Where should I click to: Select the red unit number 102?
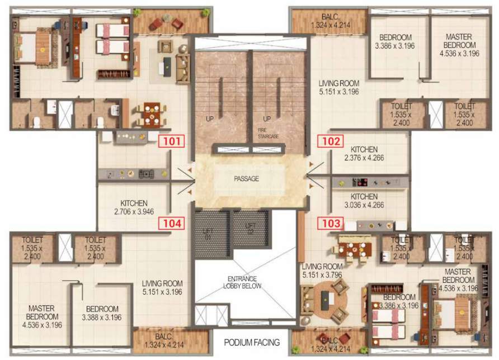pos(331,141)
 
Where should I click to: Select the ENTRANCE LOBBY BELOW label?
pos(242,282)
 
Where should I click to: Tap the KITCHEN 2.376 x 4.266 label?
pos(364,154)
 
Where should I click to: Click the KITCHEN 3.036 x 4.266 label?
pos(364,201)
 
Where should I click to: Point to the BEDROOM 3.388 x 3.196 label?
pos(102,313)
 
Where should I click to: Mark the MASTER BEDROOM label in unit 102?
pos(459,45)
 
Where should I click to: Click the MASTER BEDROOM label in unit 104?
pos(42,316)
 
